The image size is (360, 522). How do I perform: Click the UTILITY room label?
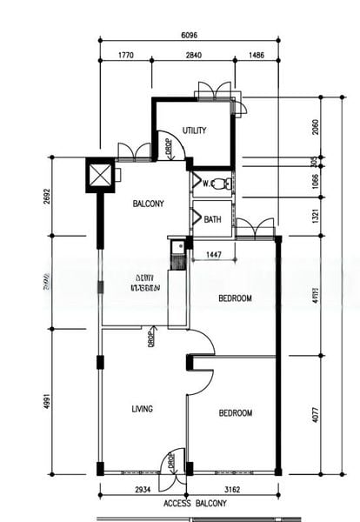(194, 130)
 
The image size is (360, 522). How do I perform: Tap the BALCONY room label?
(148, 204)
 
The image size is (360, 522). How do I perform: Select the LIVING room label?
(143, 409)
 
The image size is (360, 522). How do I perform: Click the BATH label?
(212, 220)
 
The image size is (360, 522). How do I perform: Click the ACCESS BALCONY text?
(195, 505)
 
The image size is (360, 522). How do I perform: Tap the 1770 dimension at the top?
(127, 57)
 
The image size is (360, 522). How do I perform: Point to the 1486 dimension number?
(256, 57)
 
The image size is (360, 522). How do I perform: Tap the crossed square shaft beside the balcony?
(102, 175)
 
